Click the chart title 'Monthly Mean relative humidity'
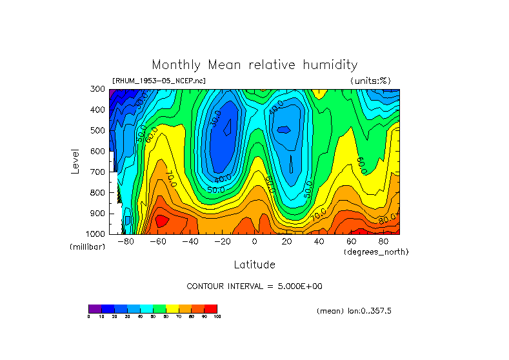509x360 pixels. tap(254, 65)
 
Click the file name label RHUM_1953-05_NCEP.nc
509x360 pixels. tap(159, 81)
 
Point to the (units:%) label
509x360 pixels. tap(370, 81)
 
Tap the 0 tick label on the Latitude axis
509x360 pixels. tap(255, 242)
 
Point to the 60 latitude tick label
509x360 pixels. tap(352, 242)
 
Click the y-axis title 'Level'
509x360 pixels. tap(76, 161)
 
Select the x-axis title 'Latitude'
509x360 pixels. tap(254, 265)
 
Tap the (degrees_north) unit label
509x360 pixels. tap(376, 251)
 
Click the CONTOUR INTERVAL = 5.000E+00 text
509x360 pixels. tap(258, 286)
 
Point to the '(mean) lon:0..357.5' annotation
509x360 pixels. tap(354, 311)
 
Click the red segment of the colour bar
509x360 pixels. tap(211, 308)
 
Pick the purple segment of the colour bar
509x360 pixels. tap(95, 308)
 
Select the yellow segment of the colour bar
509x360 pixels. tap(172, 308)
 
